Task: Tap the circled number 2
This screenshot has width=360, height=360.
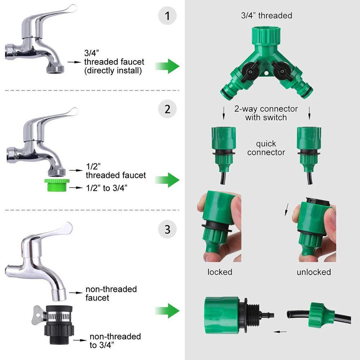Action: point(167,109)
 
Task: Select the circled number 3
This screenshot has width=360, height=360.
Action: point(167,229)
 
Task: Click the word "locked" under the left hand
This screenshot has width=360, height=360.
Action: point(220,272)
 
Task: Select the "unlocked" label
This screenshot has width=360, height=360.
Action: point(314,272)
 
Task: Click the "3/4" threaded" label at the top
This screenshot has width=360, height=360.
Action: point(266,15)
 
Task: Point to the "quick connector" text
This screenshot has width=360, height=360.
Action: point(266,148)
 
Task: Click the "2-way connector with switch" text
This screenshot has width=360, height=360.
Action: point(266,113)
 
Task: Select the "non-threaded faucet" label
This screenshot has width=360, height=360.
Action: point(111,293)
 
